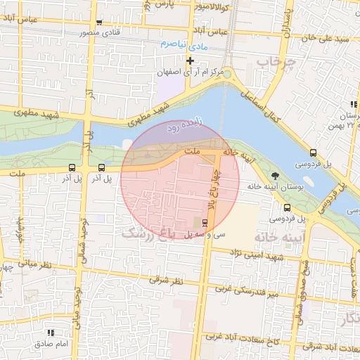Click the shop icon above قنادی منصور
(x=98, y=22)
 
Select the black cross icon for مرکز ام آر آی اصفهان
(x=190, y=61)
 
